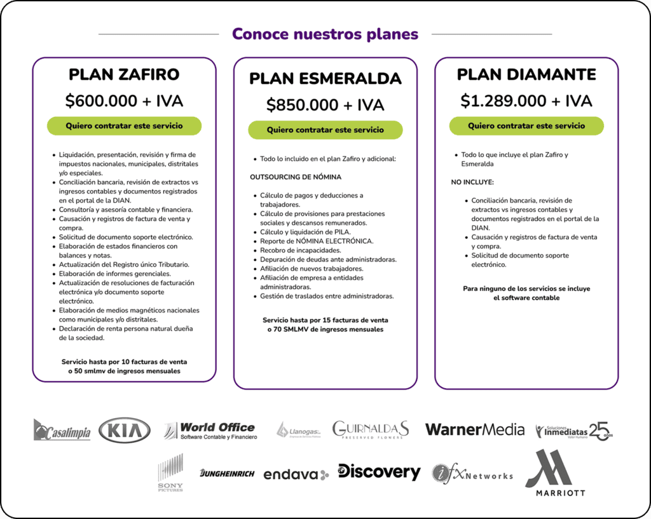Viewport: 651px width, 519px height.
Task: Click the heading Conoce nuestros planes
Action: pos(325,34)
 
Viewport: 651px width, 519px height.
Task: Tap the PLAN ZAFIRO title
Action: pos(124,74)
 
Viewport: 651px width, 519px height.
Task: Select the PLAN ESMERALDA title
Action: pos(325,78)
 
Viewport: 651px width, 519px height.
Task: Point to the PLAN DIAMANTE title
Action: pos(526,74)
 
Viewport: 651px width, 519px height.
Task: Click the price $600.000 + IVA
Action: pos(124,101)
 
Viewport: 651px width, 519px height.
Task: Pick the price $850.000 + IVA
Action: pos(325,105)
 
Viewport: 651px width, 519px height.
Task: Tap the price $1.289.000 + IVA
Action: pos(526,101)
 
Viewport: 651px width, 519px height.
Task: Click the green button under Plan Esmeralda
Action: pos(325,130)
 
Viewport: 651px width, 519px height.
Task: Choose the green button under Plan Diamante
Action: pos(526,126)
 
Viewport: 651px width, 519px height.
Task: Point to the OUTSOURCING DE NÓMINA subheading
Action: pos(296,177)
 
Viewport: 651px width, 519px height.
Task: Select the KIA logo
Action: pos(125,431)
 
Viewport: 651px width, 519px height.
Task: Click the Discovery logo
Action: pos(379,472)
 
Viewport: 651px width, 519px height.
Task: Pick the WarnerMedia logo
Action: pos(474,430)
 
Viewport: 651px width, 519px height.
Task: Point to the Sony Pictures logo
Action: pos(170,473)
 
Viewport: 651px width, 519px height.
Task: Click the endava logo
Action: pos(296,474)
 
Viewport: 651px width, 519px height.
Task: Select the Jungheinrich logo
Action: pos(227,473)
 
